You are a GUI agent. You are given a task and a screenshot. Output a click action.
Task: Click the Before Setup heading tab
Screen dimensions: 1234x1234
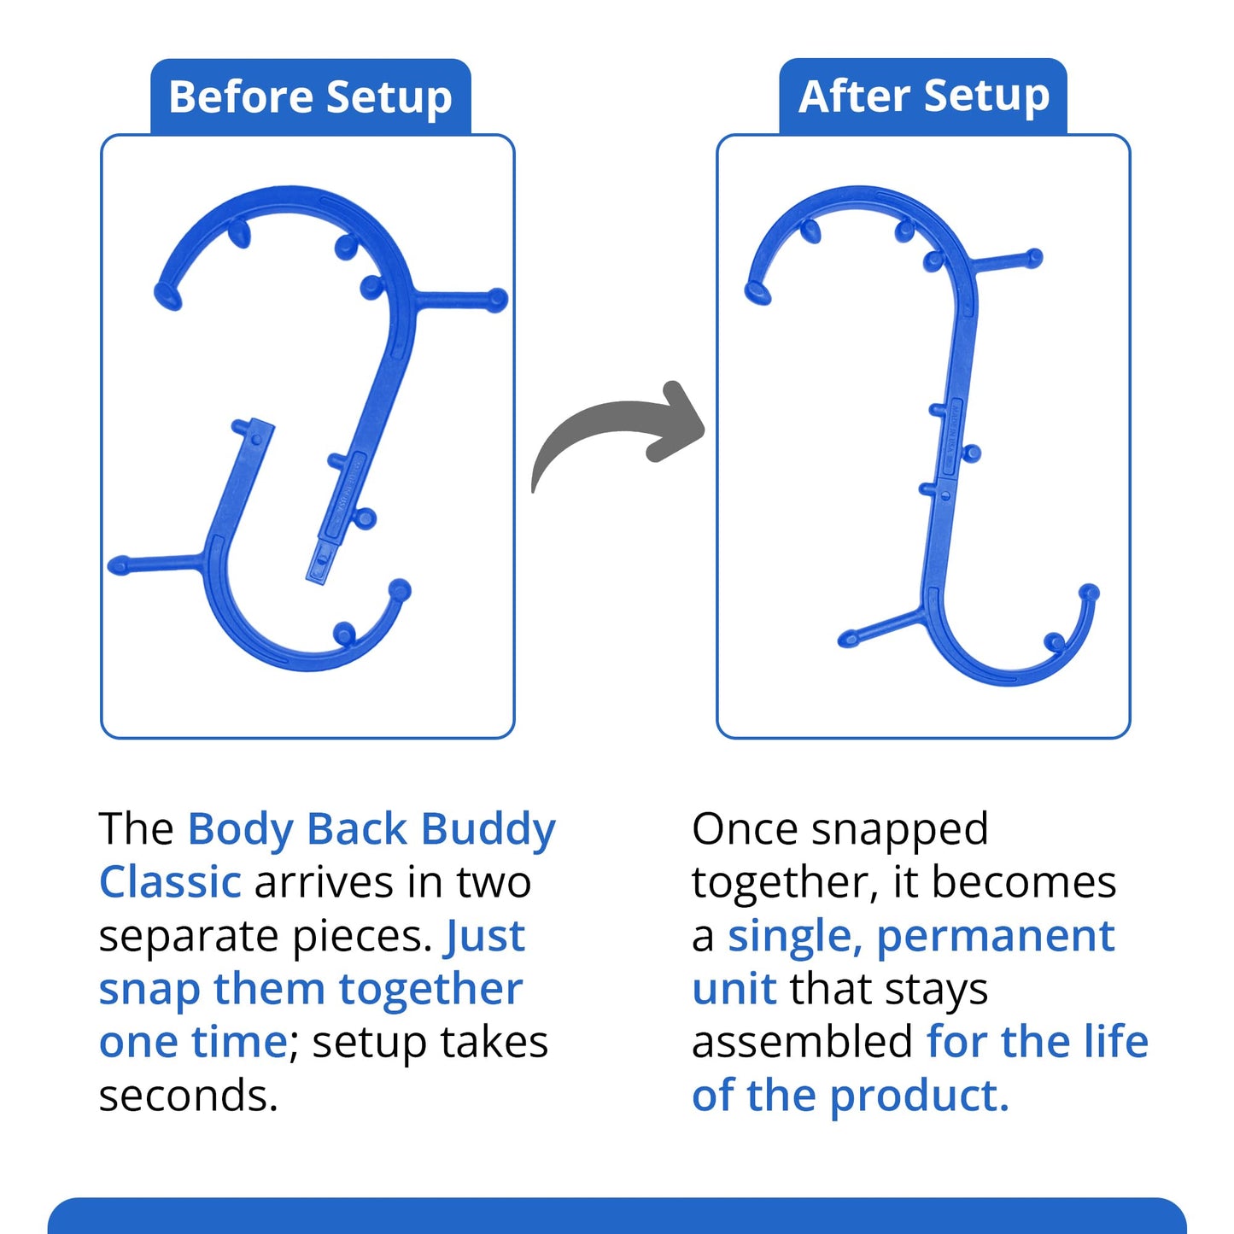pyautogui.click(x=310, y=96)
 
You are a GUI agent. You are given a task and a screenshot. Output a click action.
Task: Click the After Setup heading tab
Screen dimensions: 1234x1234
pyautogui.click(x=923, y=96)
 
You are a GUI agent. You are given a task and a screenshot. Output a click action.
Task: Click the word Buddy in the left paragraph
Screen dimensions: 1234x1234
pyautogui.click(x=488, y=830)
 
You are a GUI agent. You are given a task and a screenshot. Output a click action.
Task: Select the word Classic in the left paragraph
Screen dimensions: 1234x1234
pyautogui.click(x=171, y=883)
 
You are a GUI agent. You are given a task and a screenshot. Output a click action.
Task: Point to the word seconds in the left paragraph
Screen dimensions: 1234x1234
pyautogui.click(x=188, y=1097)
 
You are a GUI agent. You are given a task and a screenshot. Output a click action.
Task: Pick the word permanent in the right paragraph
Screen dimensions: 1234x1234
pyautogui.click(x=996, y=937)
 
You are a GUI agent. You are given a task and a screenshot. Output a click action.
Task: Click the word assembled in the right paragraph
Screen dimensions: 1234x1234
pyautogui.click(x=803, y=1044)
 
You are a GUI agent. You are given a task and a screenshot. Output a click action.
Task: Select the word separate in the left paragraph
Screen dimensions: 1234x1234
pyautogui.click(x=190, y=937)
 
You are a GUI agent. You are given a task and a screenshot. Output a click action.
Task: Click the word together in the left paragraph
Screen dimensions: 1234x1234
pyautogui.click(x=430, y=990)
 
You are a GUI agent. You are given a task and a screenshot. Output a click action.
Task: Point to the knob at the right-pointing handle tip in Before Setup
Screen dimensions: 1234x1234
pyautogui.click(x=497, y=300)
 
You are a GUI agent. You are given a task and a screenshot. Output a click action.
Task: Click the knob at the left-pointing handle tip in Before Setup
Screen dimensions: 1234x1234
pyautogui.click(x=118, y=565)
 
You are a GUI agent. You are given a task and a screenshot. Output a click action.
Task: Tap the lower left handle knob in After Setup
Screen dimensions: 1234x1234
pyautogui.click(x=848, y=639)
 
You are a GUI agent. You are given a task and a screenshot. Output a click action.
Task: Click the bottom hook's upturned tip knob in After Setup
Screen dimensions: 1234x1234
pyautogui.click(x=1089, y=592)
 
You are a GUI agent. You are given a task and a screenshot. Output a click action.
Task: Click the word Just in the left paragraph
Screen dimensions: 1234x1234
pyautogui.click(x=485, y=937)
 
